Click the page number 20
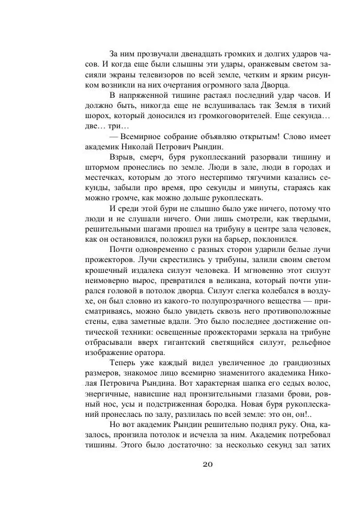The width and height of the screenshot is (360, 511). (x=208, y=463)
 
